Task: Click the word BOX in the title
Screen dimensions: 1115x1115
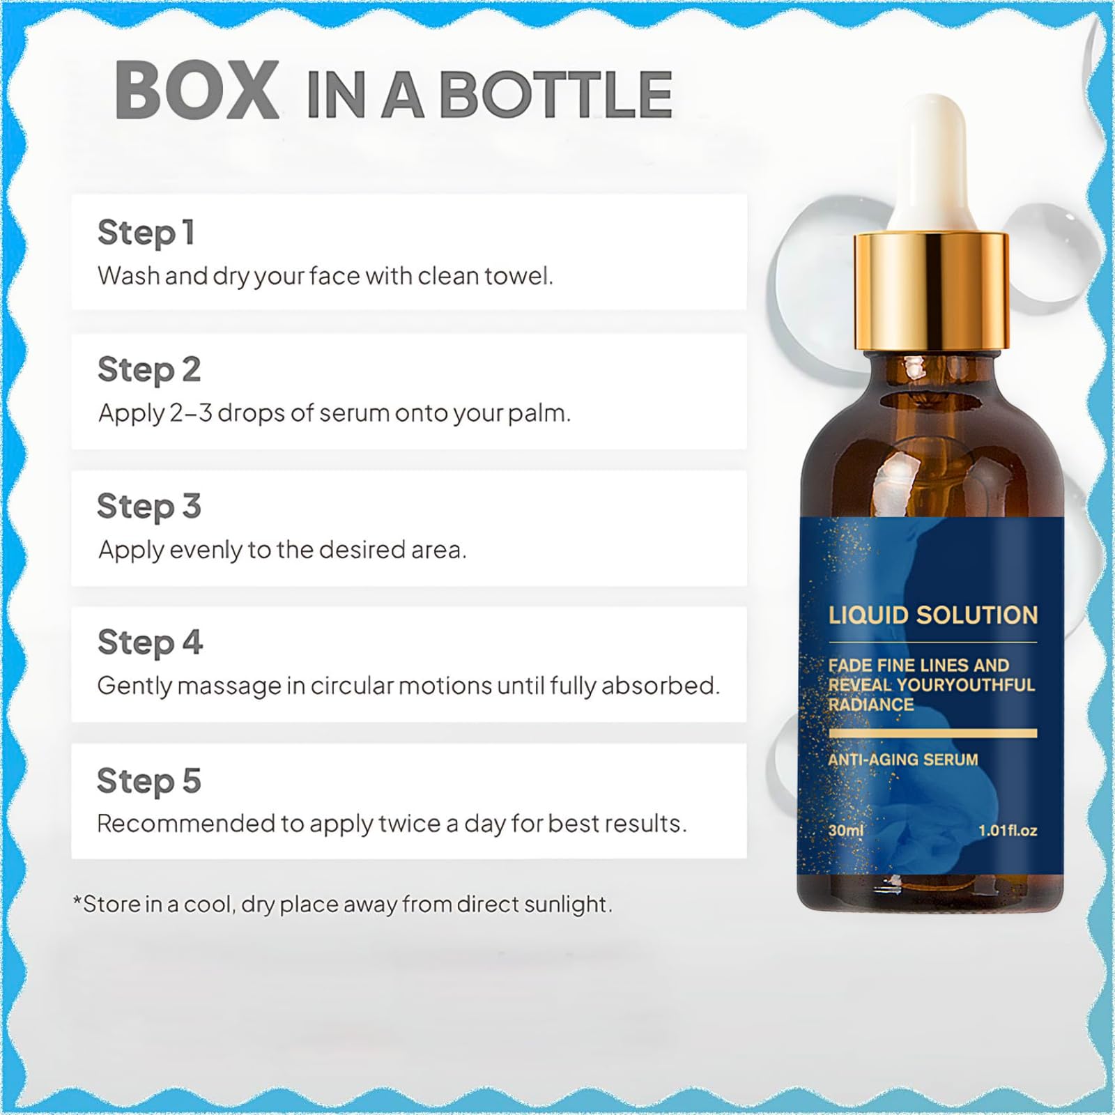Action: click(x=197, y=91)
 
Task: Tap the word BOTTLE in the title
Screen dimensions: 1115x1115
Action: click(x=556, y=95)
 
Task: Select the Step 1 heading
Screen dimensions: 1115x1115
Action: click(x=146, y=233)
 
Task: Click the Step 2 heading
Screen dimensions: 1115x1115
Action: click(x=149, y=370)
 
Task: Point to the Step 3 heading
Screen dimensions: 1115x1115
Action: click(x=149, y=507)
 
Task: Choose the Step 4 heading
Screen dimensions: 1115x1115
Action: click(x=150, y=643)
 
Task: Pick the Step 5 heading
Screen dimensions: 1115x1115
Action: click(x=149, y=780)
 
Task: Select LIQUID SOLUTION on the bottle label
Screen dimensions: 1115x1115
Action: click(x=933, y=615)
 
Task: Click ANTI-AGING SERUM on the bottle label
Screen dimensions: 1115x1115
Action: click(x=903, y=760)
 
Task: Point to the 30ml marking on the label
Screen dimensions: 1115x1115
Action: click(x=846, y=831)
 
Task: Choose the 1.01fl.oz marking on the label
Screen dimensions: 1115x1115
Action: click(x=1008, y=831)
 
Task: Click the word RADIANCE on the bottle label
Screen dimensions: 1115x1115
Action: click(x=871, y=705)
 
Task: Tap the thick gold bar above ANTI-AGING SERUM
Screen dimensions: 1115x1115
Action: click(x=933, y=733)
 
